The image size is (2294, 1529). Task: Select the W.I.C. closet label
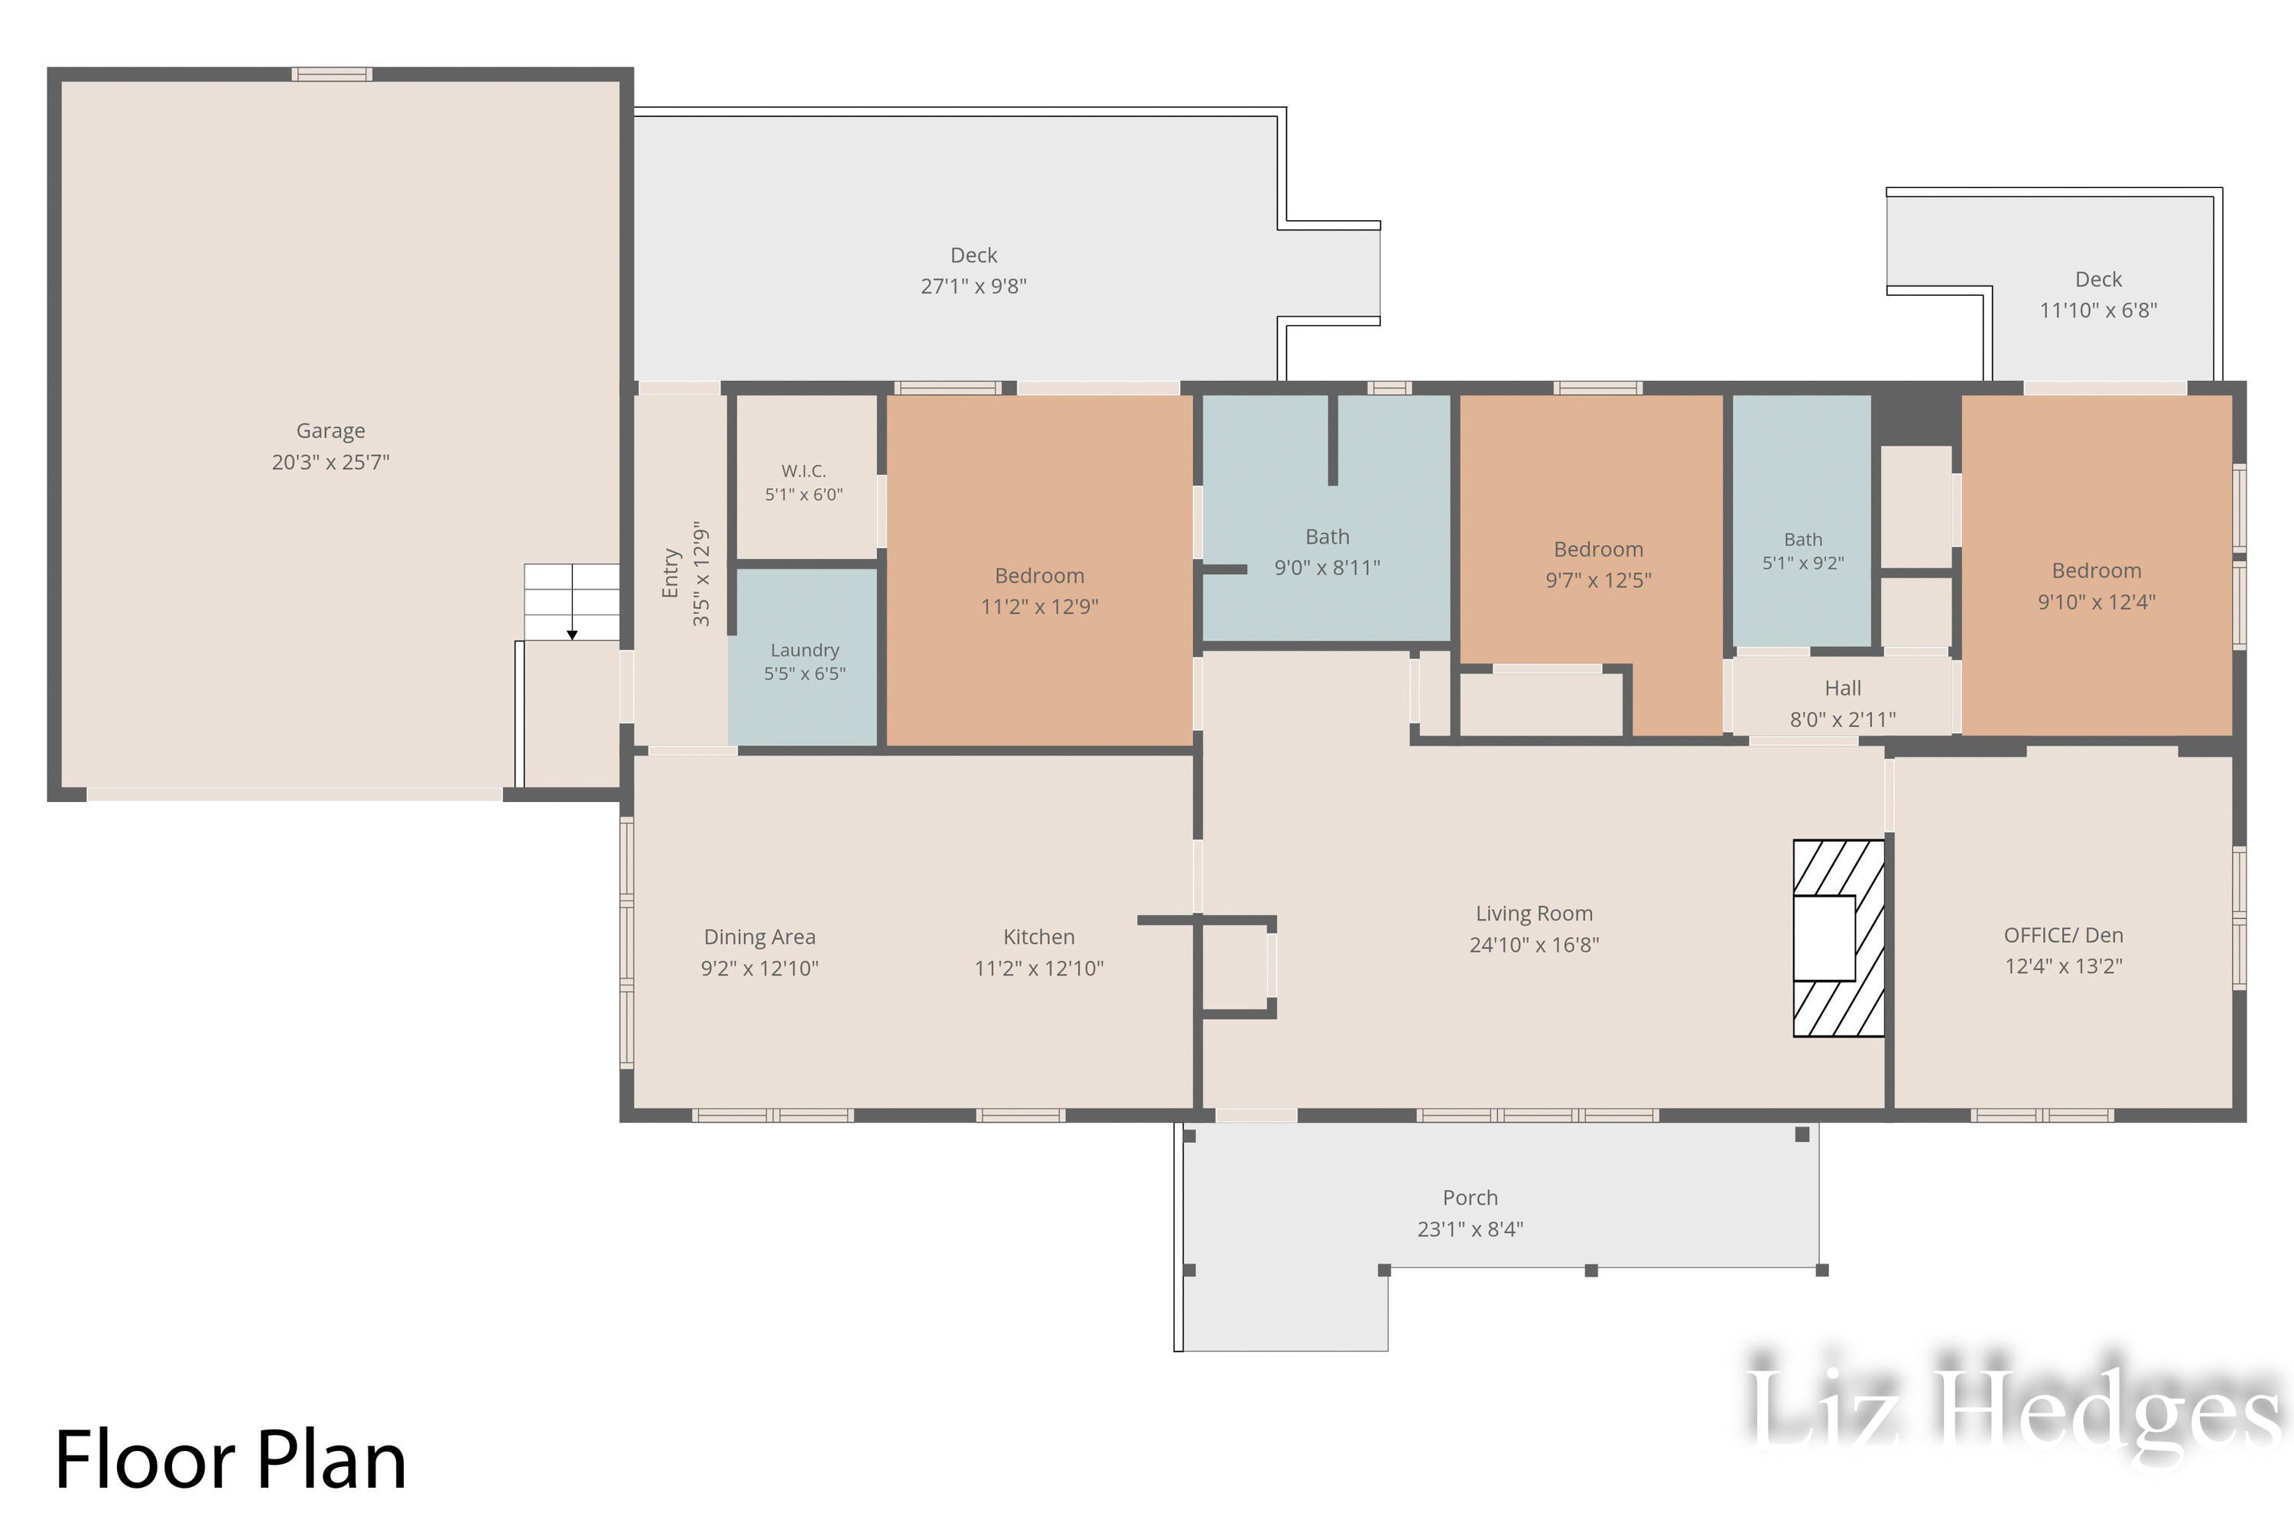coord(804,471)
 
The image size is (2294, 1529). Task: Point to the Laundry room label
coord(804,651)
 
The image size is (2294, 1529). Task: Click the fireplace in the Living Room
coord(1838,938)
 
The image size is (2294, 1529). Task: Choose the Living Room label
coord(1534,914)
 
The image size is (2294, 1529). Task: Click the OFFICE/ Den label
coord(2064,935)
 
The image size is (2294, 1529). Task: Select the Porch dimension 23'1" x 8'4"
coord(1470,1229)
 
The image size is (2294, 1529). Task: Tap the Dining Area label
coord(760,937)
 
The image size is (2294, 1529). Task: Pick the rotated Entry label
coord(670,573)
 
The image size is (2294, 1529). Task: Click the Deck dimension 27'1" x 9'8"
coord(974,286)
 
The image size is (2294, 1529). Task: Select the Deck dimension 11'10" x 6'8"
coord(2099,310)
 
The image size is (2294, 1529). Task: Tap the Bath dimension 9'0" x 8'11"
coord(1327,567)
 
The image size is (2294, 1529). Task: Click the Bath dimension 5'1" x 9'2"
coord(1803,563)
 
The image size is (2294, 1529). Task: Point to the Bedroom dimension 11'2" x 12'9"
coord(1040,606)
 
